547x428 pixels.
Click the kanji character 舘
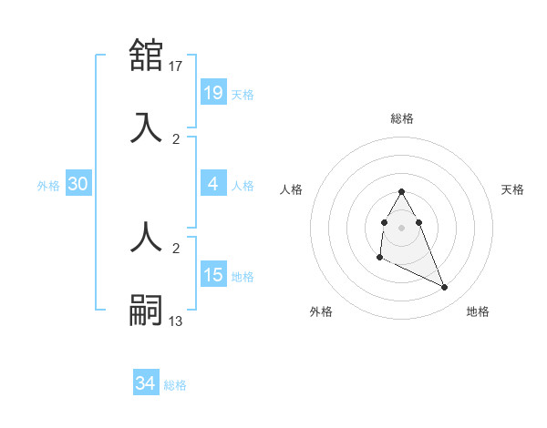point(147,55)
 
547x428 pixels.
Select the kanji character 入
point(147,127)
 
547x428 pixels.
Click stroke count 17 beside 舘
point(177,66)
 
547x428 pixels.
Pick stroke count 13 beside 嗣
point(177,321)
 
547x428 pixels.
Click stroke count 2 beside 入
point(176,139)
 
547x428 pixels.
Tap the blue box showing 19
point(212,92)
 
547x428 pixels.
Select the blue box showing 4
point(212,184)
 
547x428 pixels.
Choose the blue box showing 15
point(212,274)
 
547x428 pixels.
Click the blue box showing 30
point(78,184)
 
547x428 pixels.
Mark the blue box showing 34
point(145,383)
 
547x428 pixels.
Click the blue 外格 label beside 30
point(48,185)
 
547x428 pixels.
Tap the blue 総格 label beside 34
point(175,385)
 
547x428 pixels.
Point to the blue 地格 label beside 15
point(243,276)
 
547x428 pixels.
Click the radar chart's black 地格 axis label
point(478,311)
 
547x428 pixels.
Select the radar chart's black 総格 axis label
point(402,118)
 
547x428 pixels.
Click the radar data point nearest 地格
point(445,288)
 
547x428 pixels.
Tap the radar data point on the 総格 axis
point(402,192)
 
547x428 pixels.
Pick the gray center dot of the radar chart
point(402,226)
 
